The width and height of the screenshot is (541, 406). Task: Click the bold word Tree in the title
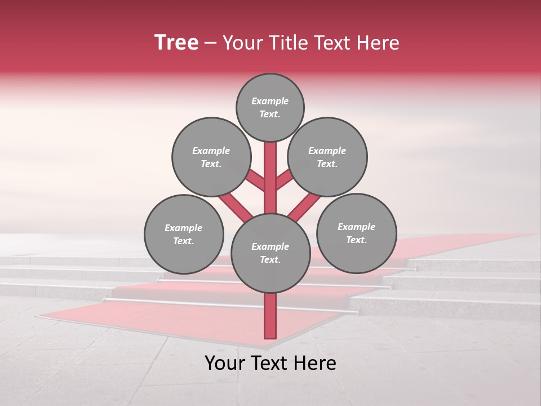coord(176,43)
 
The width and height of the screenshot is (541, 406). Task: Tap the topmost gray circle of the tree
coord(270,107)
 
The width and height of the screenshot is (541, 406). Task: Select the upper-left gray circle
coord(211,157)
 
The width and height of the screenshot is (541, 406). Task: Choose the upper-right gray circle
coord(327,157)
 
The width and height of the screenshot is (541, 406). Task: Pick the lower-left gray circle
coord(184,234)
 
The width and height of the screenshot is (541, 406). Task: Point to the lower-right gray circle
coord(356,233)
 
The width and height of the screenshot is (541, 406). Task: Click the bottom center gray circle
coord(270,253)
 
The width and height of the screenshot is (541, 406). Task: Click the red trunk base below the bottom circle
coord(270,316)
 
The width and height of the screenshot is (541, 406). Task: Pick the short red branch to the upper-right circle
coord(284,179)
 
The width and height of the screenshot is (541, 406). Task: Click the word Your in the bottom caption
coord(225,363)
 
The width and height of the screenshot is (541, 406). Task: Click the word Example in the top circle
coord(270,101)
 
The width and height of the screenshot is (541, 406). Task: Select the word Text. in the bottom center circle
coord(270,260)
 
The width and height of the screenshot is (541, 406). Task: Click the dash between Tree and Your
coord(210,43)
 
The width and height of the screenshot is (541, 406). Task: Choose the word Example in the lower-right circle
coord(356,227)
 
